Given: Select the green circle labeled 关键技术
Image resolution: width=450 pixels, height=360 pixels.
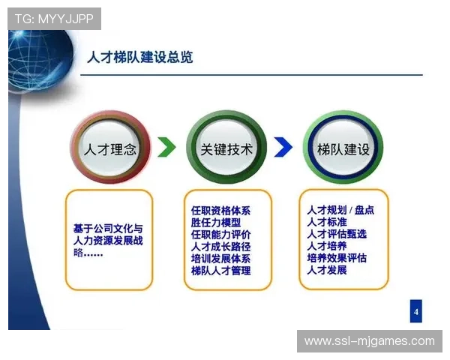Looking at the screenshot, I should [226, 148].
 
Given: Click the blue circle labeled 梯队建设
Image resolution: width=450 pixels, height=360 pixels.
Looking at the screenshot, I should [343, 148].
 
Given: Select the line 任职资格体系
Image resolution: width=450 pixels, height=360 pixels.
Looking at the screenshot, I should [220, 210].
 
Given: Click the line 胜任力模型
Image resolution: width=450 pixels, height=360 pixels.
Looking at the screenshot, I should [216, 222].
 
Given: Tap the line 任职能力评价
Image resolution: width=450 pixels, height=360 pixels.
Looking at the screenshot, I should [220, 234].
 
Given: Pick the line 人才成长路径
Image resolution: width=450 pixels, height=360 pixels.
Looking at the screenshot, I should [220, 246].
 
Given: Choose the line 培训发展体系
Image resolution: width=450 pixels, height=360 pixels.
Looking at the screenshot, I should [220, 258].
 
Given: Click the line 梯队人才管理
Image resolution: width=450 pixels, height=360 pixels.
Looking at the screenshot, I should [220, 270].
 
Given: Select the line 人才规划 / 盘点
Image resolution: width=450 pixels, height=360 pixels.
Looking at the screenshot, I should [340, 210].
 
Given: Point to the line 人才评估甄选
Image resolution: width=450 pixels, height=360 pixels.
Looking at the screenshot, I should [337, 234].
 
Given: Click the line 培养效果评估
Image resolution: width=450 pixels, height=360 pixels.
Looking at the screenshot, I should [337, 258].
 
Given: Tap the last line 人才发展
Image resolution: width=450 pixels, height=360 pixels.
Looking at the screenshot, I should [327, 270].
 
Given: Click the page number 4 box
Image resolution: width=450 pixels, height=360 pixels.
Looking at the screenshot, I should [416, 310].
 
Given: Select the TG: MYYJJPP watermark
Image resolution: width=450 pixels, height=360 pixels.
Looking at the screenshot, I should [54, 19].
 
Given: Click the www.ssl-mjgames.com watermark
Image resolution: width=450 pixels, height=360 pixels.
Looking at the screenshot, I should [369, 341].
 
